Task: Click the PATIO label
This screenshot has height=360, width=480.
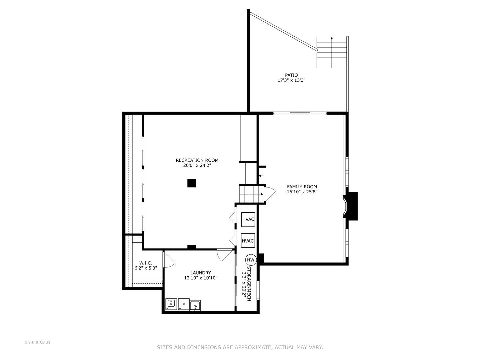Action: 291,75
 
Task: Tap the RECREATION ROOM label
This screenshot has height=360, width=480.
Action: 197,160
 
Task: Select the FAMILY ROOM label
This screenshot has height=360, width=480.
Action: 302,187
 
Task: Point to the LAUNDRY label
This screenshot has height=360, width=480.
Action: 201,273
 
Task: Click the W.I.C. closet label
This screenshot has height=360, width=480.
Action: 146,263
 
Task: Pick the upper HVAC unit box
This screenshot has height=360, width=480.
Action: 248,220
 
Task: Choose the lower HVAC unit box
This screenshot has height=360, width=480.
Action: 248,241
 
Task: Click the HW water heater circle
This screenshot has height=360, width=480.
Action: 251,260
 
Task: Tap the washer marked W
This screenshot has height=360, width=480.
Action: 171,304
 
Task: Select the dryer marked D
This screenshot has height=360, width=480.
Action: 184,304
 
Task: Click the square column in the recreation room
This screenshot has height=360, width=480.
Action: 192,183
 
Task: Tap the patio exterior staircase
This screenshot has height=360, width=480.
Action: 332,52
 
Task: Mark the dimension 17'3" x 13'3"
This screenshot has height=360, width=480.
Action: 291,80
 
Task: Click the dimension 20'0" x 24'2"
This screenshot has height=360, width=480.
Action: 197,165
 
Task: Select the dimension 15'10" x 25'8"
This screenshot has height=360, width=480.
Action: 302,192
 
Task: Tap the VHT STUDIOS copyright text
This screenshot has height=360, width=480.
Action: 37,342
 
